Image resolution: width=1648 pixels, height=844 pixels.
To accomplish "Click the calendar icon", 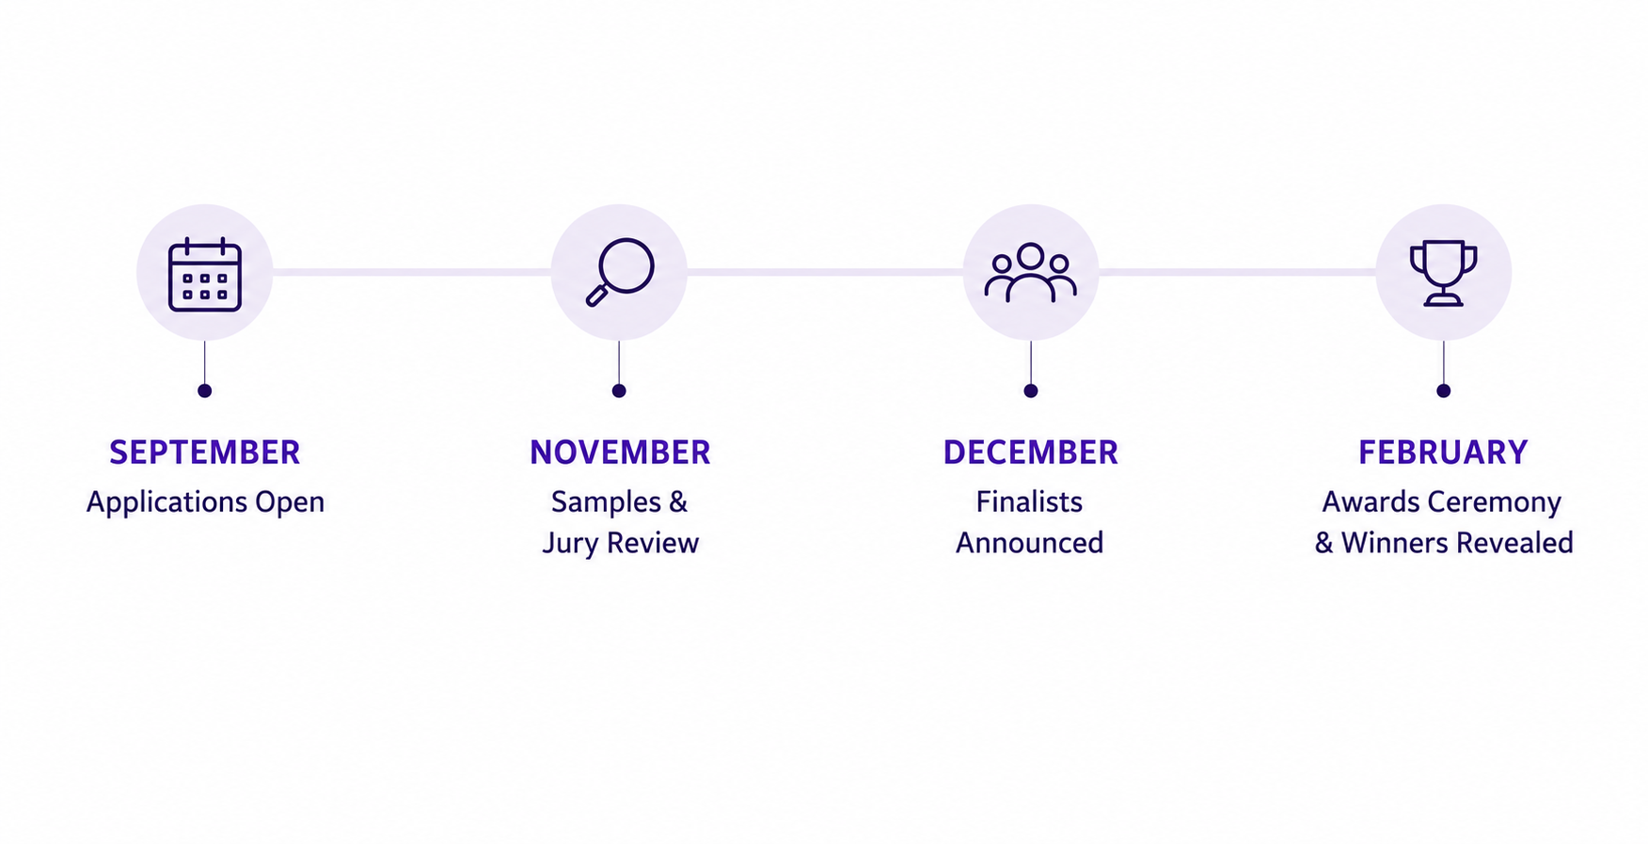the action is [205, 274].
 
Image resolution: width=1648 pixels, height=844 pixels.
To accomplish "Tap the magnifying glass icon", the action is [620, 272].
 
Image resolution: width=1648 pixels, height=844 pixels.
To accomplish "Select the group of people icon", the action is [1031, 273].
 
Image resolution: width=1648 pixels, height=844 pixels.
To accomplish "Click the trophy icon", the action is [1444, 273].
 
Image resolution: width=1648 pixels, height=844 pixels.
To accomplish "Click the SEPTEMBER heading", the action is [205, 453].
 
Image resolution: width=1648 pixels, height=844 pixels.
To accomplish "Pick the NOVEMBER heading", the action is [620, 453].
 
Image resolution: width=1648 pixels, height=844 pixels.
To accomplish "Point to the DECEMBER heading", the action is [1031, 453].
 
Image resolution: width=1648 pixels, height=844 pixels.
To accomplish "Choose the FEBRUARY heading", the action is [1444, 453].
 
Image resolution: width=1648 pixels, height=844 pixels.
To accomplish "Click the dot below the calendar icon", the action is [205, 390].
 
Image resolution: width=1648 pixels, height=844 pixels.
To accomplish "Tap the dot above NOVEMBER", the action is [619, 390].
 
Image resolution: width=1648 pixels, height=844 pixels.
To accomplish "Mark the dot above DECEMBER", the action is [1031, 390].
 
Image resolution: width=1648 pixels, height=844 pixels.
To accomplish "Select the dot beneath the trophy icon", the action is [1444, 390].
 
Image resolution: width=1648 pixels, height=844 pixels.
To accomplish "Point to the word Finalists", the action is [1029, 502].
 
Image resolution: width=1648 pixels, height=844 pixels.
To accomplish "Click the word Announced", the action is [1030, 543].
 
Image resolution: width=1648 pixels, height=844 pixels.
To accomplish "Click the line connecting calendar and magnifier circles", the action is [412, 272].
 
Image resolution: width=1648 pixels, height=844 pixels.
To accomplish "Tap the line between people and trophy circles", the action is [1237, 272].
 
